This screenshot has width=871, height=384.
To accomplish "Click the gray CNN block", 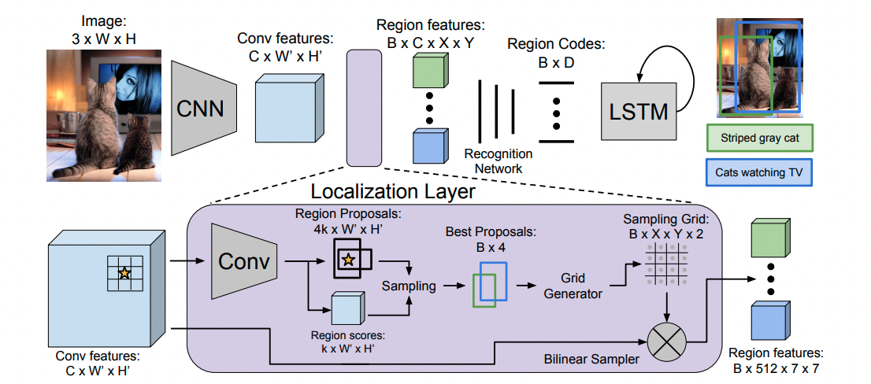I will pos(203,108).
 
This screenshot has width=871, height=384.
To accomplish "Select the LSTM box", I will pos(639,110).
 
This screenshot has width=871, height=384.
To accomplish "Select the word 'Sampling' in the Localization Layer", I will pos(409,286).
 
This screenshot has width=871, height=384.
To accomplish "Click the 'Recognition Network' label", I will pos(499,161).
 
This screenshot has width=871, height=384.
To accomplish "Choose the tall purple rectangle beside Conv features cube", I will pos(362,108).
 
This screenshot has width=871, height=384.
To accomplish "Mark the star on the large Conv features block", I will pos(124,273).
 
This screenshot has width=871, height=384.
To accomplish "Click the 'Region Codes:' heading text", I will pos(556,45).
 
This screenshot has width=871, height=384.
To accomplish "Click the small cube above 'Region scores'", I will pos(347,307).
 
